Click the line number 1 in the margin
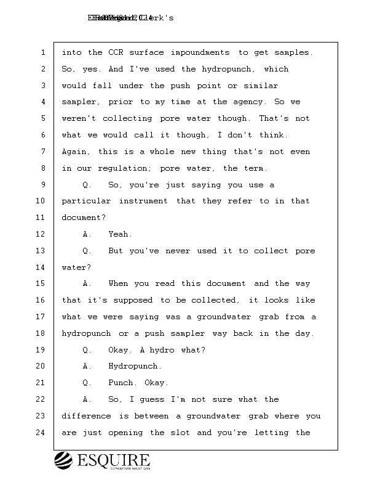click(x=43, y=52)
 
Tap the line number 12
click(x=41, y=234)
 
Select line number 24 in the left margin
click(x=41, y=433)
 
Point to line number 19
click(x=41, y=350)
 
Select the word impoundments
click(x=200, y=52)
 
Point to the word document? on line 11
click(x=83, y=218)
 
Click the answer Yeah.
click(x=120, y=234)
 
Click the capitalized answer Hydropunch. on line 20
click(x=135, y=366)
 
